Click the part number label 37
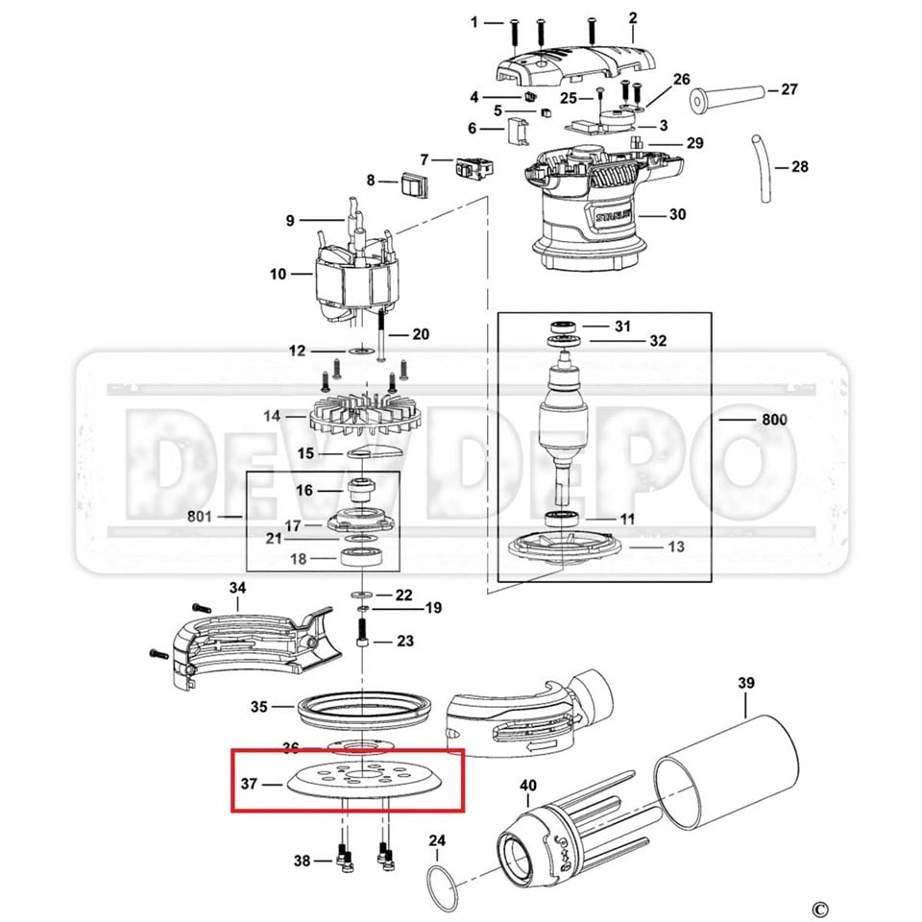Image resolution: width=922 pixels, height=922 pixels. pyautogui.click(x=248, y=784)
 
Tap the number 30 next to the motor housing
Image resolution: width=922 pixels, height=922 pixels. pyautogui.click(x=677, y=214)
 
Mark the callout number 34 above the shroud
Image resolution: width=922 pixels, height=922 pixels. pyautogui.click(x=237, y=587)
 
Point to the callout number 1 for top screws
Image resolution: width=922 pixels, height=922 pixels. pyautogui.click(x=473, y=21)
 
